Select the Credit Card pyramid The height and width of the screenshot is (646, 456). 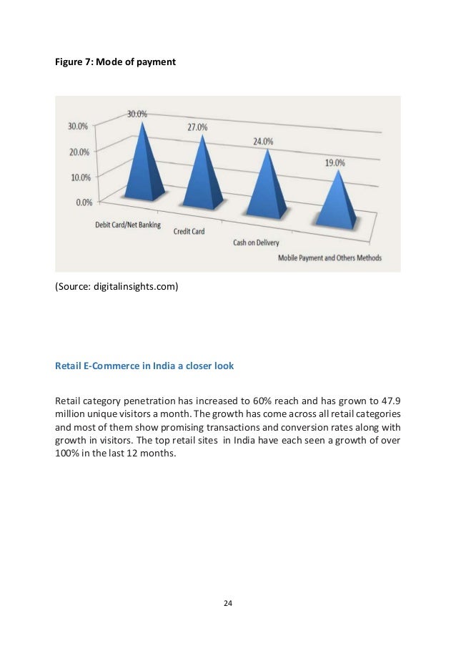click(202, 177)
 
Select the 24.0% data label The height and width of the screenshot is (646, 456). click(263, 142)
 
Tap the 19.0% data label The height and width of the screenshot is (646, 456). click(334, 163)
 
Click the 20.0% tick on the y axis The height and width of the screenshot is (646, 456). click(79, 152)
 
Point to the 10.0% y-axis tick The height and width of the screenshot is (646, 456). click(79, 177)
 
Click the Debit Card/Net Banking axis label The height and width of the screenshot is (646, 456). click(128, 225)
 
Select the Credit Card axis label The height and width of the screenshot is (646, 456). click(189, 232)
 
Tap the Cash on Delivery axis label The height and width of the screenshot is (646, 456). click(256, 243)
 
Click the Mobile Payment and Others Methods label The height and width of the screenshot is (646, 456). click(329, 258)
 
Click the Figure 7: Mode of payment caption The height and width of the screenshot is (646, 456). click(115, 62)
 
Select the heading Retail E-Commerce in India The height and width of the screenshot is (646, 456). click(144, 366)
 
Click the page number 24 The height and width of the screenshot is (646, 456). click(228, 604)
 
